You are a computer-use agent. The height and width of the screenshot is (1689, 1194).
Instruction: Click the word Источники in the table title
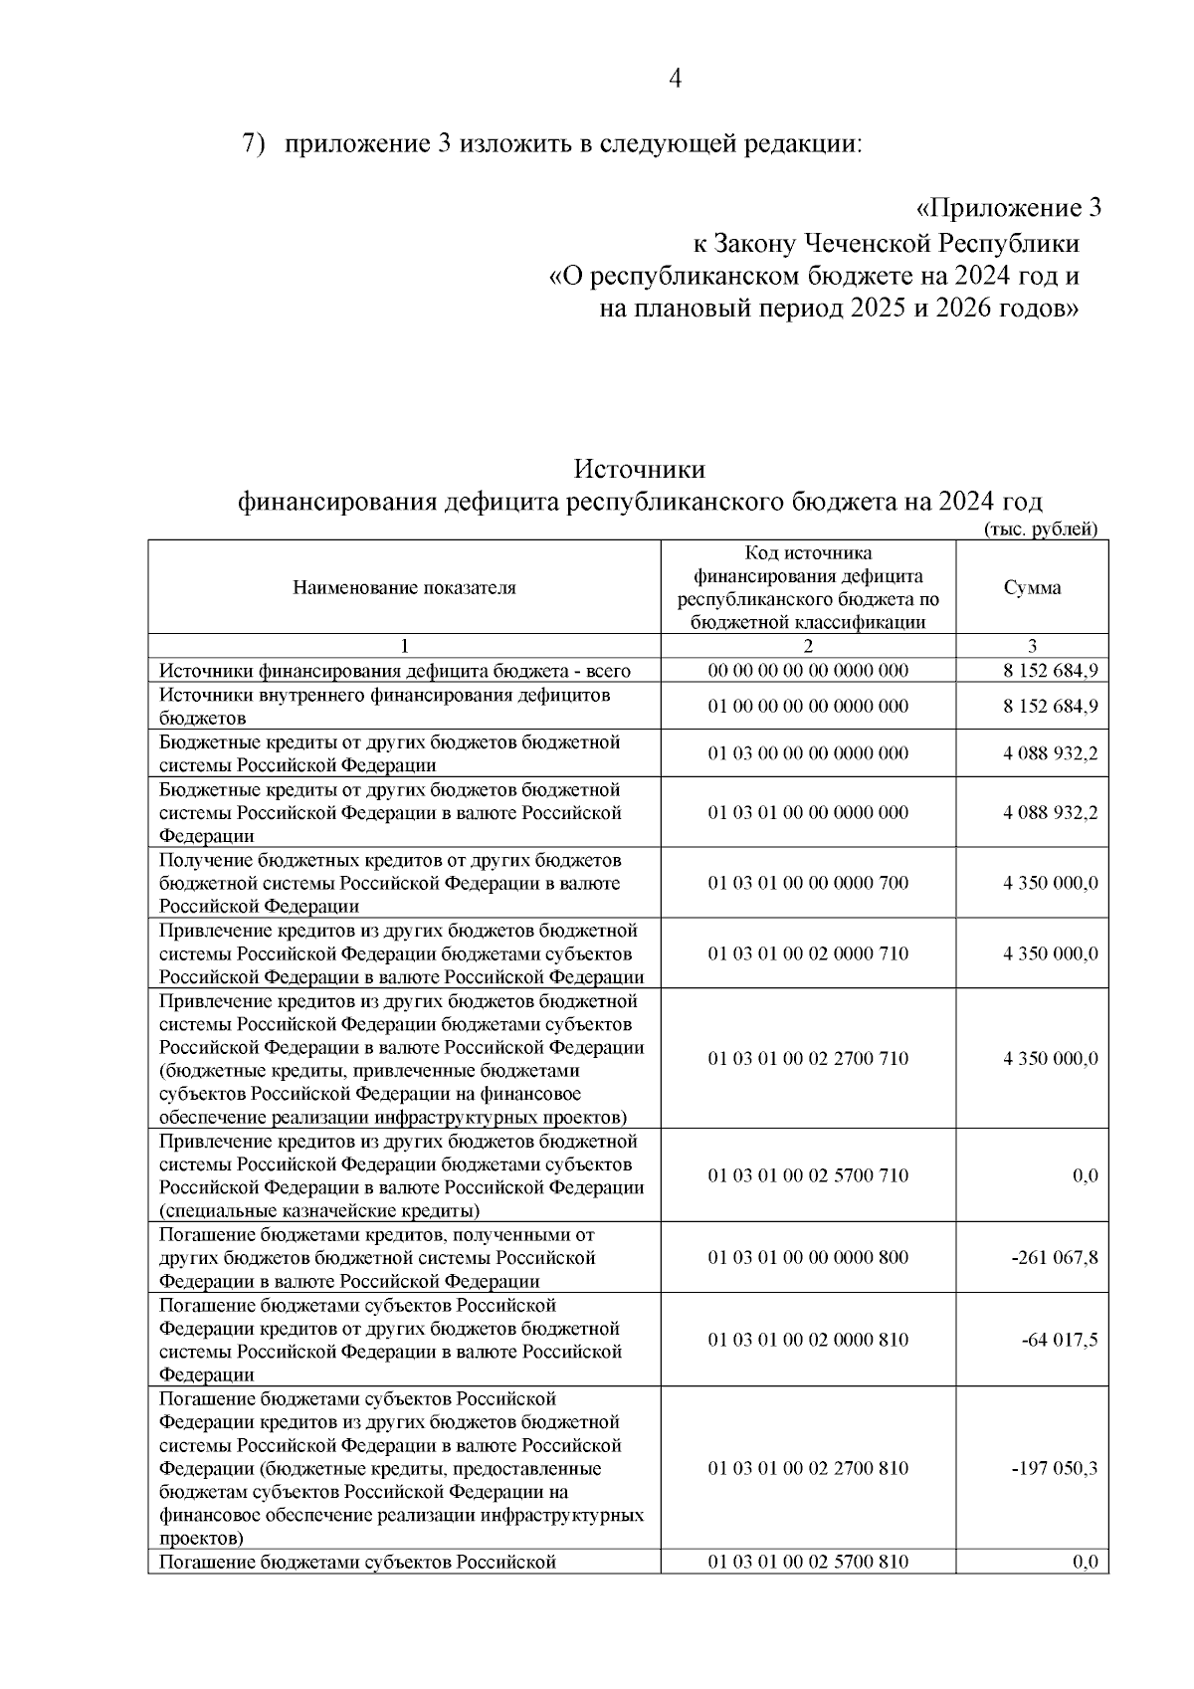[x=640, y=468]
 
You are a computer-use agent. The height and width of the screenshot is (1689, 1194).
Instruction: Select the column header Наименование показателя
[x=404, y=587]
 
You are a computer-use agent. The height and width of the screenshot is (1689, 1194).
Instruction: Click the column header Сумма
[x=1032, y=587]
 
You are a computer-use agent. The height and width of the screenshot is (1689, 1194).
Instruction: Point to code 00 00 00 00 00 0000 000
[x=808, y=671]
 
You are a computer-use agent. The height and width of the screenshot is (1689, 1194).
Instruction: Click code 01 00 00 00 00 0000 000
[x=808, y=707]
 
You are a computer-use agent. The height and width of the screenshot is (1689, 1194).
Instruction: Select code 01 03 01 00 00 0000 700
[x=808, y=883]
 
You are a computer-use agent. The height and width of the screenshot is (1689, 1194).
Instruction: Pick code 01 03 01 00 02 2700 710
[x=808, y=1058]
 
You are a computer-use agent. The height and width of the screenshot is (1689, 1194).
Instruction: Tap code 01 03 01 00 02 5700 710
[x=808, y=1175]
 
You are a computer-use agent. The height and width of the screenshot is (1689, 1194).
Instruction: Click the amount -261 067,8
[x=1054, y=1257]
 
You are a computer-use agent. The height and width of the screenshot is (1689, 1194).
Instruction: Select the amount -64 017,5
[x=1060, y=1340]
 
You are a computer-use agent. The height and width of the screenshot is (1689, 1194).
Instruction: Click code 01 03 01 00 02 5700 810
[x=808, y=1562]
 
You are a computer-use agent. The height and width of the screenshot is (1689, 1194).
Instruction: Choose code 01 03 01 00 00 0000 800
[x=808, y=1257]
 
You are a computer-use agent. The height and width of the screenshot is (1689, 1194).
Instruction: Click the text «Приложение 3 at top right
[x=1007, y=208]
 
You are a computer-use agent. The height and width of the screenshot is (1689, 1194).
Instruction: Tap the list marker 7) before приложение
[x=255, y=143]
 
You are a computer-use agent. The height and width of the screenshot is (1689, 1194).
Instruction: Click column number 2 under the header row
[x=808, y=645]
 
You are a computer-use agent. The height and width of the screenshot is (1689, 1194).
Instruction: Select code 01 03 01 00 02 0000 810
[x=808, y=1340]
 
